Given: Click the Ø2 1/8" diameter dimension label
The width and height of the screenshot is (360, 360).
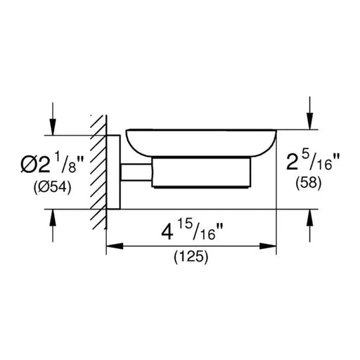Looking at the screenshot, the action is click(x=52, y=162).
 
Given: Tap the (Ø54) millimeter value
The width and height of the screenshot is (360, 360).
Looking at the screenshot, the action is click(x=52, y=188).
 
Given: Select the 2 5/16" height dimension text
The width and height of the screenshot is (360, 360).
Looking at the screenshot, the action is click(x=313, y=162).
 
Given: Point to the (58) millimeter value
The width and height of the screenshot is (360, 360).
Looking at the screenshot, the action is click(x=309, y=183).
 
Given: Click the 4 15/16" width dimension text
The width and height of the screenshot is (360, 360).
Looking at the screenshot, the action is click(x=192, y=231).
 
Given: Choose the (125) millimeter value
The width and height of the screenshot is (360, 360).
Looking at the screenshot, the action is click(x=191, y=257).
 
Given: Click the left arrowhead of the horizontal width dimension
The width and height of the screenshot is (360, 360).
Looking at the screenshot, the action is click(x=115, y=246).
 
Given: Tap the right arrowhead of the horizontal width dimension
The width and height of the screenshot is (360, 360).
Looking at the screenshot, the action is click(x=268, y=246).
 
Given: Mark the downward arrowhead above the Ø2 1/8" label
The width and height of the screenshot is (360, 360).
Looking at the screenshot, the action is click(x=53, y=127).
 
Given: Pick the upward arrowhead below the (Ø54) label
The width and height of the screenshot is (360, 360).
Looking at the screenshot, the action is click(x=53, y=217).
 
